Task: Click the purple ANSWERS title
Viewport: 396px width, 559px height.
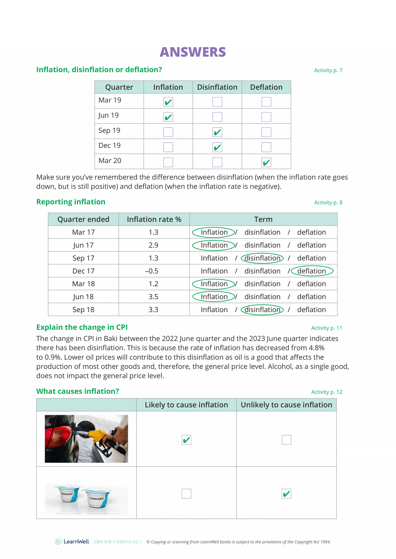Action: pos(193,52)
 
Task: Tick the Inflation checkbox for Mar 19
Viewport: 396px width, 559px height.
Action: pos(168,102)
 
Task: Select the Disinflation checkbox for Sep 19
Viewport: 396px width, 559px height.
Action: pos(217,132)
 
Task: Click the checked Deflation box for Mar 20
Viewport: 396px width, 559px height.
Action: pos(266,162)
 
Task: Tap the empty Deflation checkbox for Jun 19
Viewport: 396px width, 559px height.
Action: pos(266,117)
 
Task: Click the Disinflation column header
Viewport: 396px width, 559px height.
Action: pos(217,87)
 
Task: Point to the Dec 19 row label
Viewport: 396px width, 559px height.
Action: pos(110,146)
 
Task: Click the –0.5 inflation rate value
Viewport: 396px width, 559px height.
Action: pos(152,271)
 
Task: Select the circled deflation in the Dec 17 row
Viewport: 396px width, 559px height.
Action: pos(312,271)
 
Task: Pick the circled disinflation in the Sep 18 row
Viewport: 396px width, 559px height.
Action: pos(262,310)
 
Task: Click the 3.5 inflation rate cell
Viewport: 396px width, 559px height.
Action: pos(153,297)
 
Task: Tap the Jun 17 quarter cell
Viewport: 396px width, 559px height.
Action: pos(83,245)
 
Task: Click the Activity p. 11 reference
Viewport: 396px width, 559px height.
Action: pos(326,328)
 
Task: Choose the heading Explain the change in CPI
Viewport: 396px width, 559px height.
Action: pos(82,327)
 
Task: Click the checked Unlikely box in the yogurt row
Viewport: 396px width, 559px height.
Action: pos(286,494)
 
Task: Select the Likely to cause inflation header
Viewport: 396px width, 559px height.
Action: pos(186,405)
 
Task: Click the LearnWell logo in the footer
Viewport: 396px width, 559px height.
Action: pos(72,541)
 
